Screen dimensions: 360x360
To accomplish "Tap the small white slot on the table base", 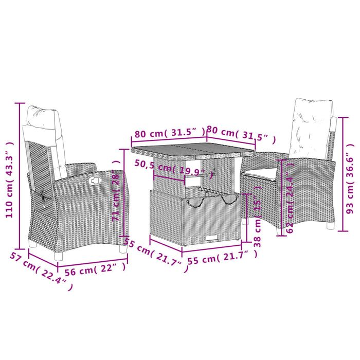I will pyautogui.click(x=211, y=237).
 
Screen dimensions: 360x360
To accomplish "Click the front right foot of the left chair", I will pyautogui.click(x=123, y=248).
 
